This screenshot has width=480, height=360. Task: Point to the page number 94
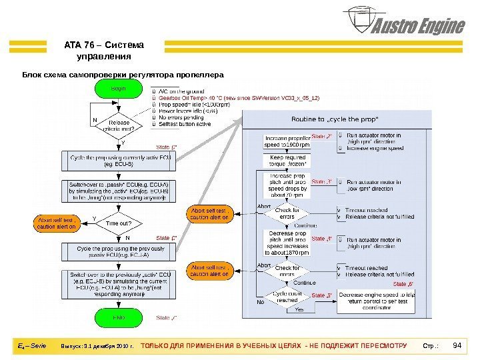pyautogui.click(x=457, y=346)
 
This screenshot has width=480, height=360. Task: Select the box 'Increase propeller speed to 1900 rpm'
pyautogui.click(x=287, y=141)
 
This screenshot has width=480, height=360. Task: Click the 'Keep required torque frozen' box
pyautogui.click(x=287, y=161)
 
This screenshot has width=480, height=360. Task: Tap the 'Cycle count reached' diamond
pyautogui.click(x=287, y=297)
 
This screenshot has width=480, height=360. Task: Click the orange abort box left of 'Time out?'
pyautogui.click(x=57, y=223)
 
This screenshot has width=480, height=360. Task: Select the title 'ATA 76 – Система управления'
pyautogui.click(x=103, y=51)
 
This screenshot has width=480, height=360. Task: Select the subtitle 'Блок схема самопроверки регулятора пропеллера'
pyautogui.click(x=123, y=74)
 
